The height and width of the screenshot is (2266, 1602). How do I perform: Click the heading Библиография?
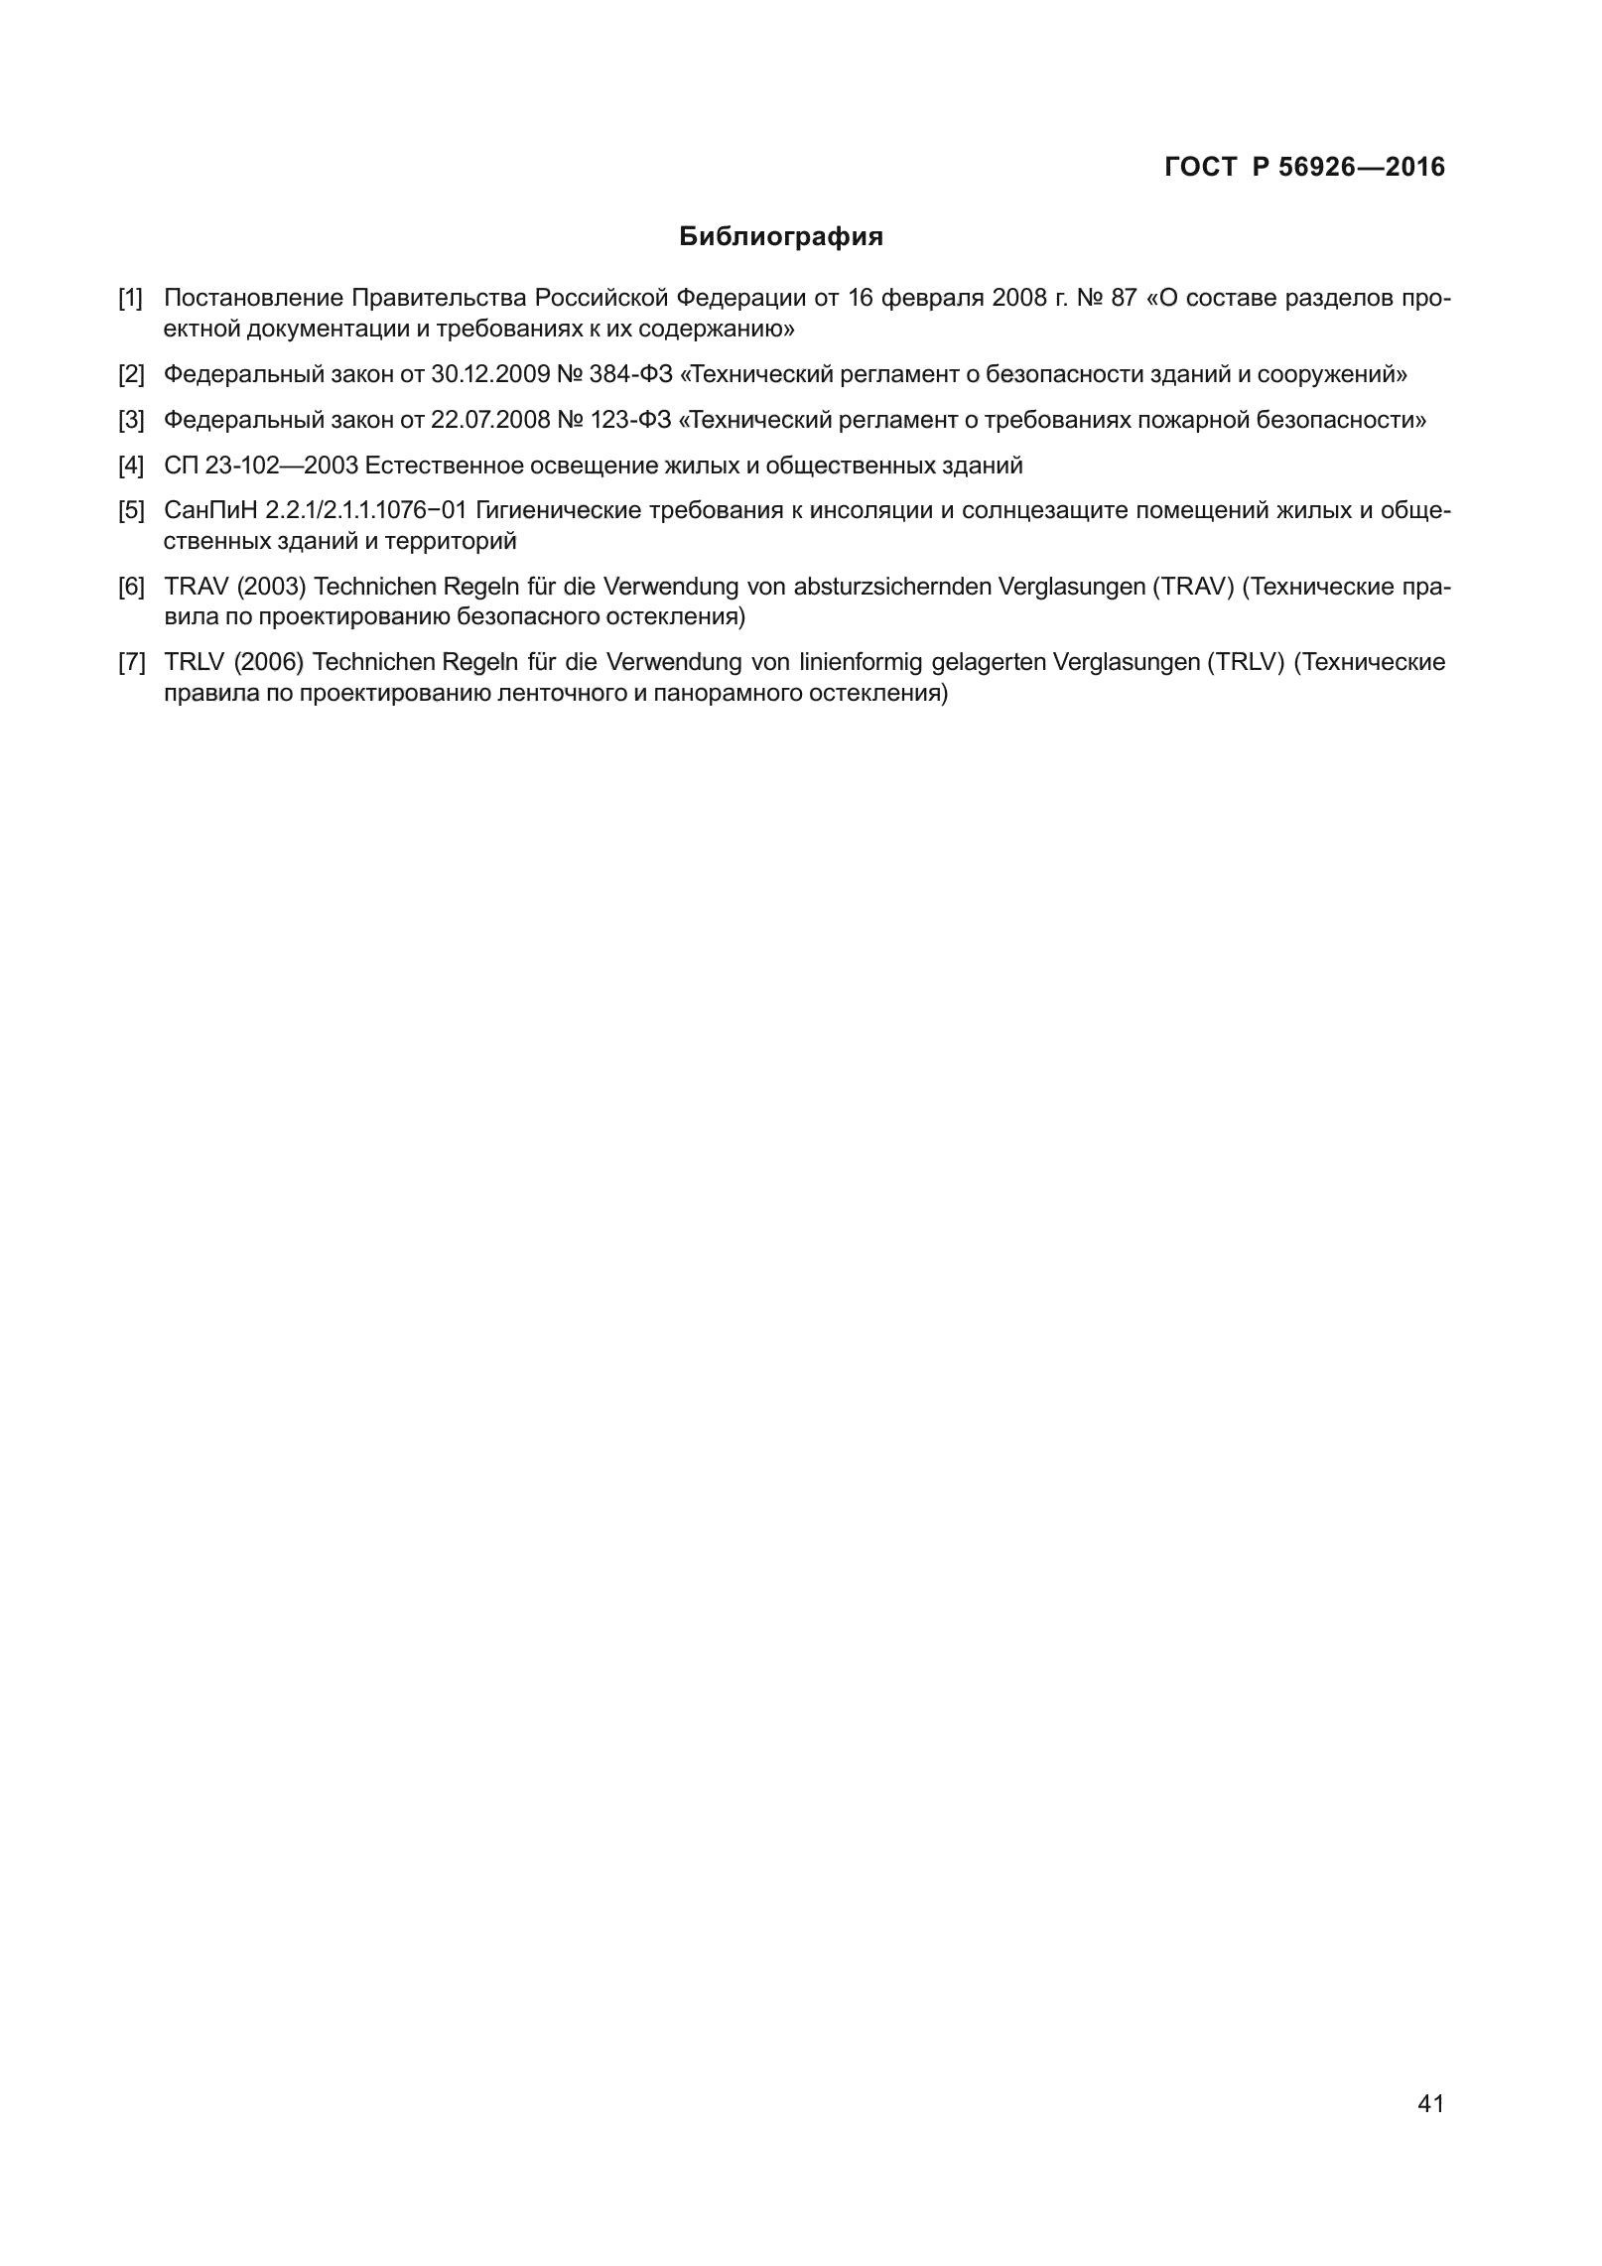[x=781, y=238]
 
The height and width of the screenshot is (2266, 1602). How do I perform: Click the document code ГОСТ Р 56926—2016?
[x=1304, y=168]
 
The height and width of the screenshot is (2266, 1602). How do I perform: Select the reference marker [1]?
[x=131, y=298]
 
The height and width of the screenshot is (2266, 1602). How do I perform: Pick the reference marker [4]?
[x=131, y=466]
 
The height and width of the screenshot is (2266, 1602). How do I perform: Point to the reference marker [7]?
[x=131, y=662]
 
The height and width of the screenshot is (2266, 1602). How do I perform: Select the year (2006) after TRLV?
[x=271, y=662]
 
